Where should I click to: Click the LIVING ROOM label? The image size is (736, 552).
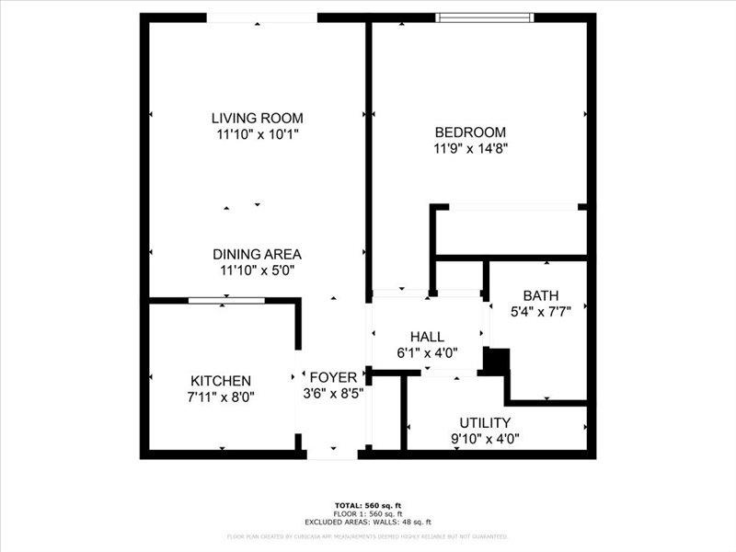coord(257,118)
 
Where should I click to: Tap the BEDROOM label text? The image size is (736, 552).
coord(470,132)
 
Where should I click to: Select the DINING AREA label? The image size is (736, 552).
coord(257,254)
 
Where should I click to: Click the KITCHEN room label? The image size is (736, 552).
coord(221,381)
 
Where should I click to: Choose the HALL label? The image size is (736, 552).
coord(427,337)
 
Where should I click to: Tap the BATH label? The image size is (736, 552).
coord(541,295)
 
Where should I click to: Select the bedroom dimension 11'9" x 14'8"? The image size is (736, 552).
coord(470,147)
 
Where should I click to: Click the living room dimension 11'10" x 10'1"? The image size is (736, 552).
coord(257,134)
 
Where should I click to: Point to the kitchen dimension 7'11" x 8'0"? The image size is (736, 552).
coord(221,397)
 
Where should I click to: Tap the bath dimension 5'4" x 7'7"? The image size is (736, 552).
coord(541,312)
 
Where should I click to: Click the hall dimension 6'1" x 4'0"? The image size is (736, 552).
coord(427,352)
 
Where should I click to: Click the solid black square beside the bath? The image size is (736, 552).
coord(497,360)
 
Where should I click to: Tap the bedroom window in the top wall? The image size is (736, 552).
coord(484,17)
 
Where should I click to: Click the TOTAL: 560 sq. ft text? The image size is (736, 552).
coord(367,505)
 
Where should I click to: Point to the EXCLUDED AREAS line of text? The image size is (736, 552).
coord(367,522)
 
